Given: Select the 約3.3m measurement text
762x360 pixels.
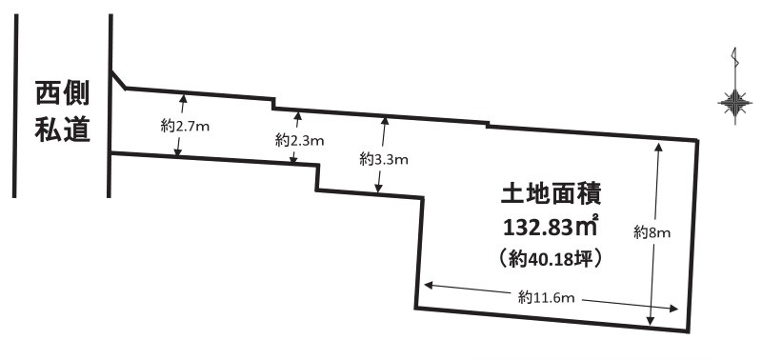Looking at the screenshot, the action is pos(384,159).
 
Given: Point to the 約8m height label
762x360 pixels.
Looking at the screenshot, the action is pos(654,232).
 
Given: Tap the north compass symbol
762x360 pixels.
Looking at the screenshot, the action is pos(733,100).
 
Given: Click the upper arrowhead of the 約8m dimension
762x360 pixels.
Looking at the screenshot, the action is pos(657,147).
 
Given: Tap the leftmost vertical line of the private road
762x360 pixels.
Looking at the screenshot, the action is pos(17,105).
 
